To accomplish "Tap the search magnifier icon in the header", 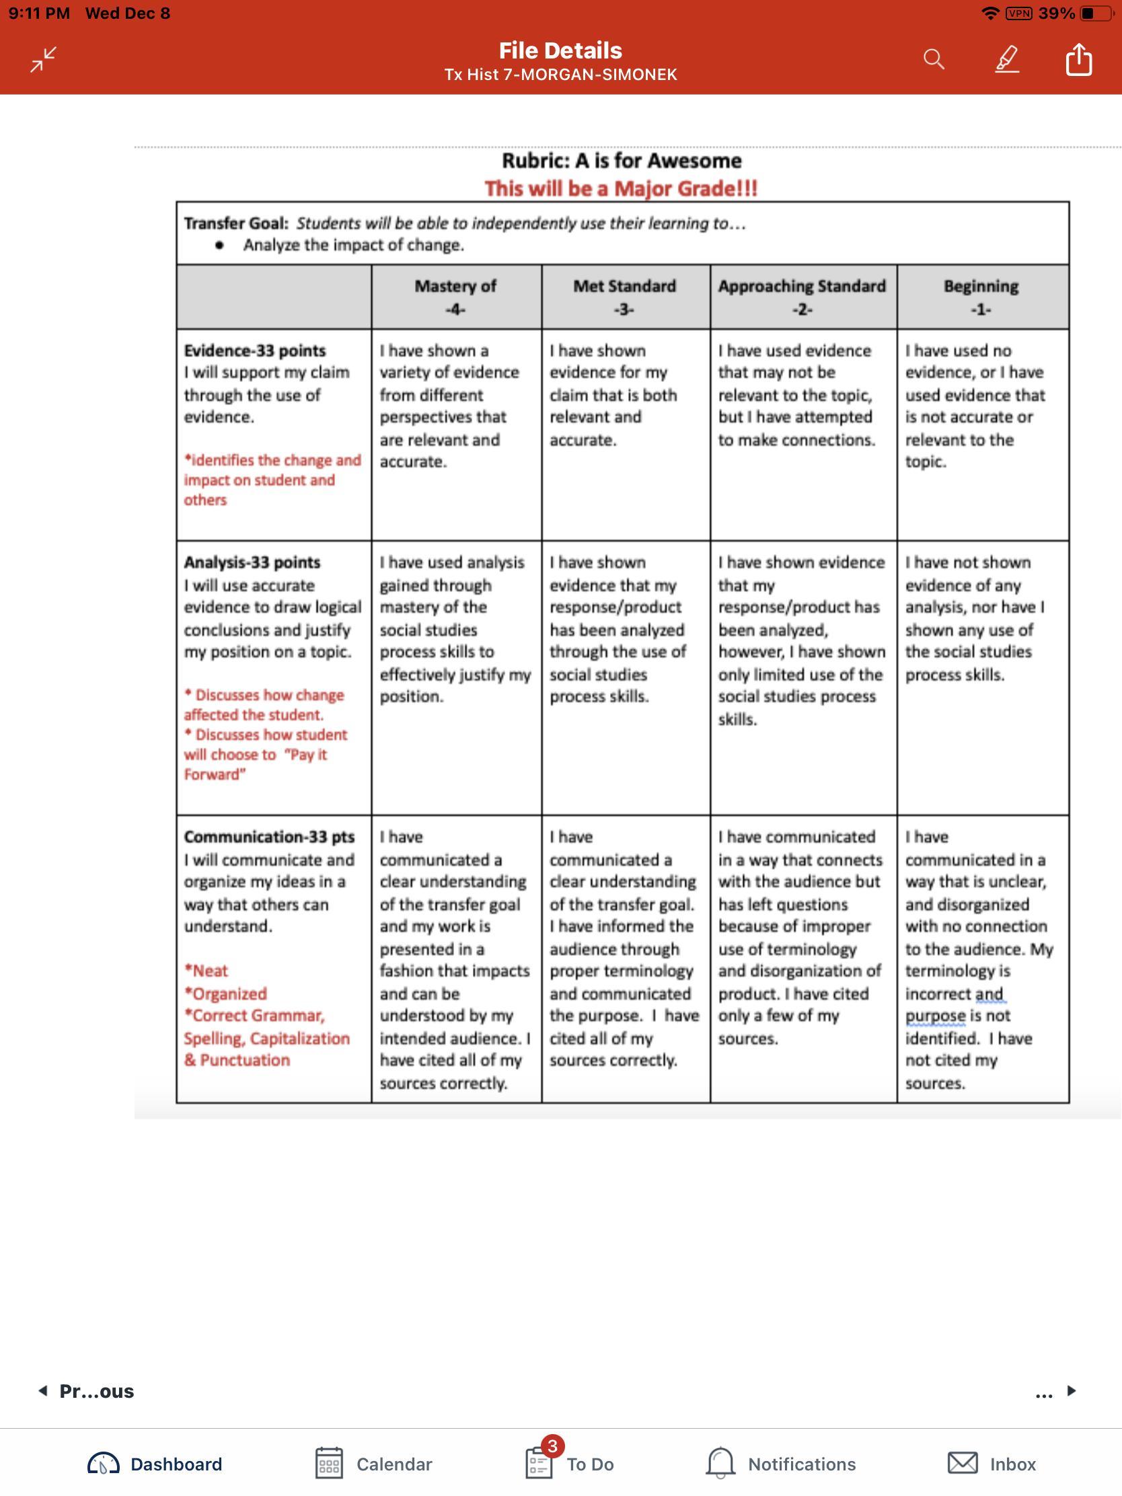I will click(933, 59).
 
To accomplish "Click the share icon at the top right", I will click(1079, 59).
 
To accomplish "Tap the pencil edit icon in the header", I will click(1006, 59).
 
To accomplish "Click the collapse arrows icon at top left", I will click(43, 59).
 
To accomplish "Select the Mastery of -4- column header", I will click(455, 297).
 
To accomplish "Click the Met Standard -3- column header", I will click(624, 297).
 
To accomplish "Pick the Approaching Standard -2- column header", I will click(802, 297).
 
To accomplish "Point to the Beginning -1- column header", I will click(981, 297).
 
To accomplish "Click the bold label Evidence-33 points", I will click(255, 350).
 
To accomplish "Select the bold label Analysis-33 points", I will click(252, 562).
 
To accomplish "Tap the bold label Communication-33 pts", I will click(269, 837).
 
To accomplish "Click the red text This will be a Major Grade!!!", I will click(621, 189).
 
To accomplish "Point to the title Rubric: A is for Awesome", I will click(621, 161).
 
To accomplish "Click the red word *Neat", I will click(207, 971).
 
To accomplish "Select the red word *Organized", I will click(226, 994).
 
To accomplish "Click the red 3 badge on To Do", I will click(552, 1446).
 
